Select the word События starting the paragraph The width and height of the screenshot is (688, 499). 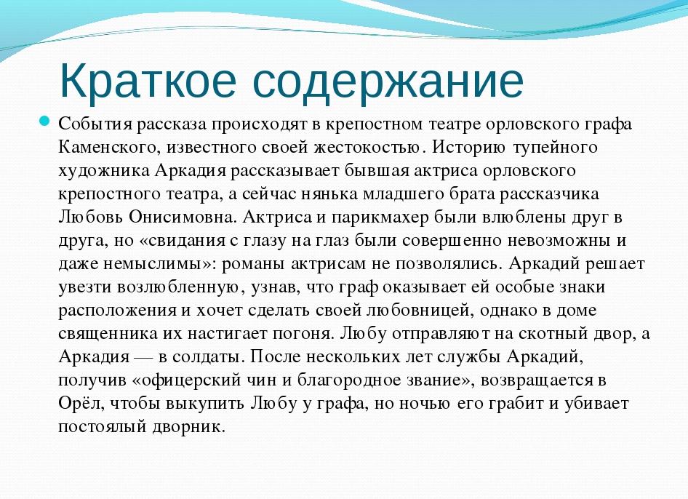[89, 124]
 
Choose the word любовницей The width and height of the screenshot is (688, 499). [417, 311]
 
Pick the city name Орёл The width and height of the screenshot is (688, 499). [76, 404]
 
